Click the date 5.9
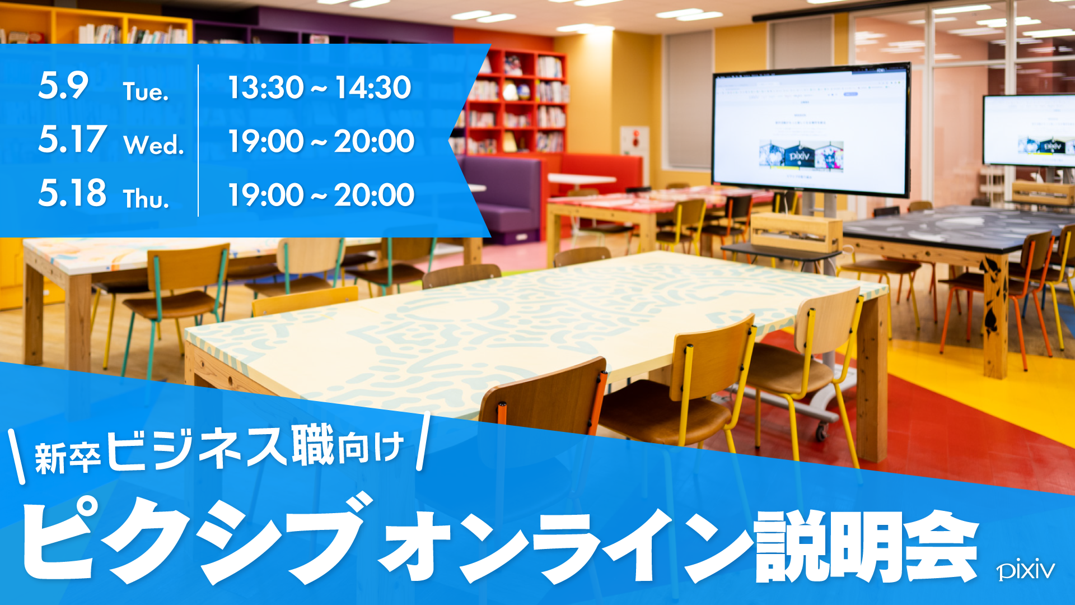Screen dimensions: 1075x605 [x=63, y=86]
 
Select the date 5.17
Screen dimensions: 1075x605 [x=72, y=139]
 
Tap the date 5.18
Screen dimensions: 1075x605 [x=72, y=193]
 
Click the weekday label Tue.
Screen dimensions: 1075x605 [x=146, y=91]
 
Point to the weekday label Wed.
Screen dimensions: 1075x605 [x=154, y=145]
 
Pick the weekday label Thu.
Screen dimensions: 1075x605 [x=146, y=198]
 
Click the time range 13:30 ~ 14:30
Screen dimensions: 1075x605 [x=320, y=87]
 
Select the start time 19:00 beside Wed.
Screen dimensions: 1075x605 [x=266, y=141]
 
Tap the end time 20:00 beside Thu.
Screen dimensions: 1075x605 [x=374, y=195]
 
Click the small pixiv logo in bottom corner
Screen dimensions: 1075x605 [x=1026, y=570]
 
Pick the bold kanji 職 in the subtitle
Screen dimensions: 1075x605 [x=313, y=446]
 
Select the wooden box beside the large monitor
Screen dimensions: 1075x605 [x=796, y=232]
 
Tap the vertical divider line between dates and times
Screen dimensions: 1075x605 [x=198, y=141]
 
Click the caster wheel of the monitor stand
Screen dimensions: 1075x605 [x=821, y=430]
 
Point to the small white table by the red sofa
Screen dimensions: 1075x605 [x=582, y=179]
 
